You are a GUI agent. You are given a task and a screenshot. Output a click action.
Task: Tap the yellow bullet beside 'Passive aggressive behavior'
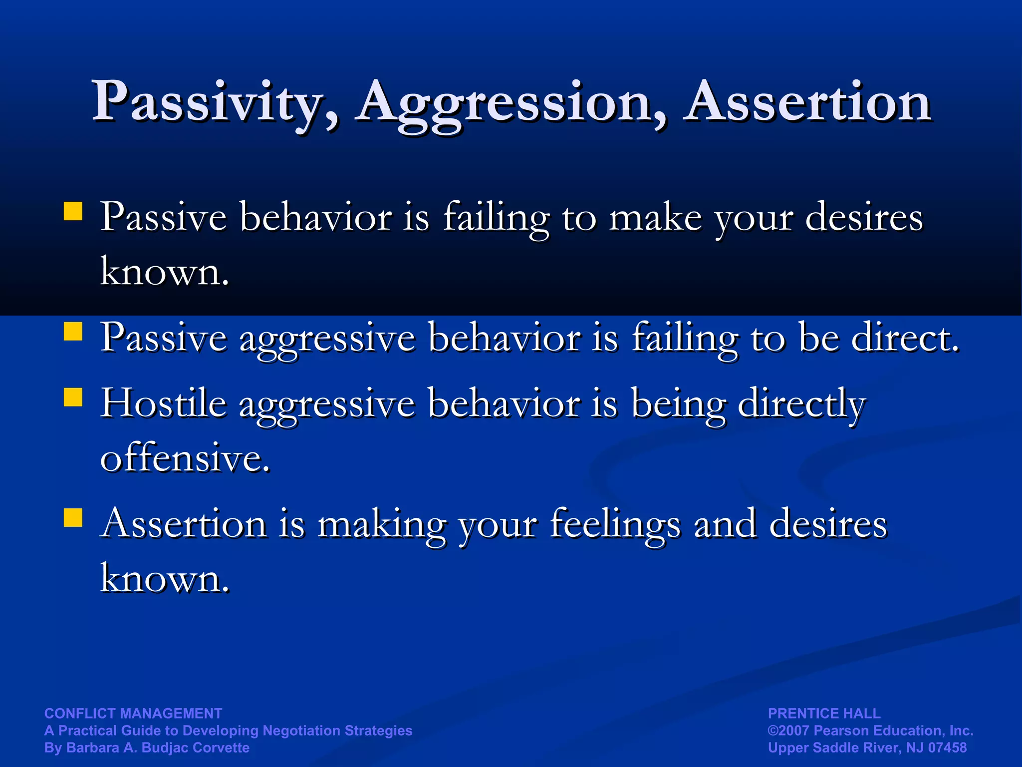pyautogui.click(x=73, y=331)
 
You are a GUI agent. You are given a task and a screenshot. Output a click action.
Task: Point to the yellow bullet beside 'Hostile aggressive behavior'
pyautogui.click(x=73, y=397)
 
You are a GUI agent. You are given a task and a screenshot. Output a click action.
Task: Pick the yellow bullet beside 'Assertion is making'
pyautogui.click(x=73, y=518)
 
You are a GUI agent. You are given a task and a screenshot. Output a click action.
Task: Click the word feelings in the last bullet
pyautogui.click(x=615, y=524)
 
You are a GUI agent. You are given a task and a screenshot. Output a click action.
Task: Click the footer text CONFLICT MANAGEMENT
pyautogui.click(x=133, y=713)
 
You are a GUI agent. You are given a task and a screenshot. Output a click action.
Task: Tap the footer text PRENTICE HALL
pyautogui.click(x=824, y=713)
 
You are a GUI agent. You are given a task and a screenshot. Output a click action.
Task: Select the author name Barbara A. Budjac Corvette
pyautogui.click(x=158, y=748)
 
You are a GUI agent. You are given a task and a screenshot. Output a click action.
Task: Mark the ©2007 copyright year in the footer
pyautogui.click(x=789, y=731)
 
